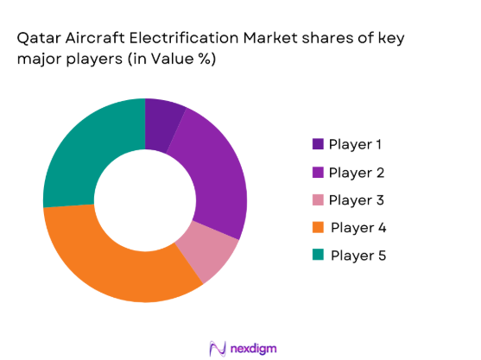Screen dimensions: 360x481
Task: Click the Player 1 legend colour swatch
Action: pos(318,144)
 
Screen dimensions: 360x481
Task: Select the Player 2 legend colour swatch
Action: pos(318,172)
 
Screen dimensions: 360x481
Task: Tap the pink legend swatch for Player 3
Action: pos(318,199)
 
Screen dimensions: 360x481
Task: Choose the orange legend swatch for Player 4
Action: pos(318,227)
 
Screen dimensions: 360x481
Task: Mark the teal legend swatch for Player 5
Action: pos(318,255)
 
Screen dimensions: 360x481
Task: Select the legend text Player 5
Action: pos(358,255)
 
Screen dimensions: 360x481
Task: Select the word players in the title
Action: pos(117,63)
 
